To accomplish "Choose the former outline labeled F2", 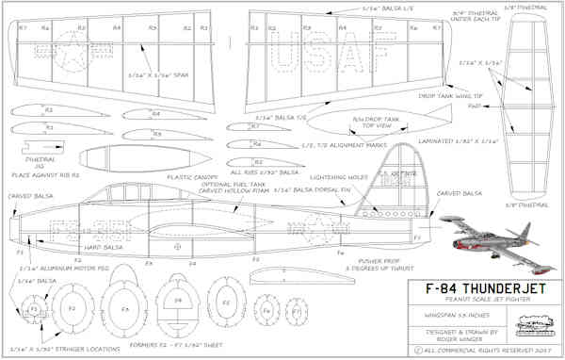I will (x=70, y=309).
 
